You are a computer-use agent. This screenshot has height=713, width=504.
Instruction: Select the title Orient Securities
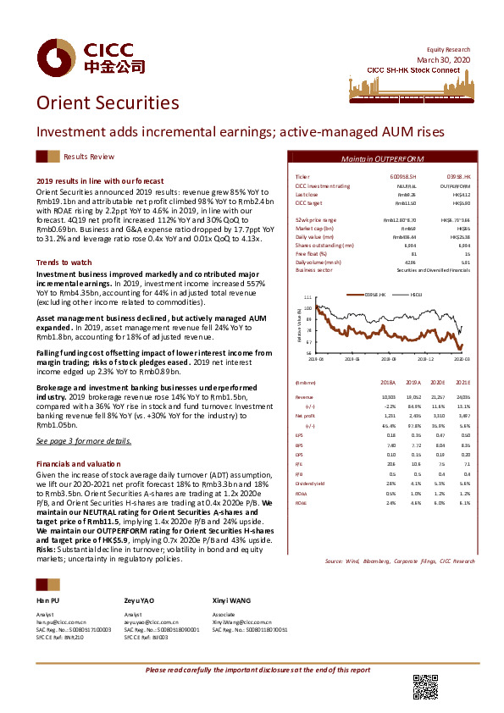[108, 103]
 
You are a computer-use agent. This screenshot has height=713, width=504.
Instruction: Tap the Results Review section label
[89, 158]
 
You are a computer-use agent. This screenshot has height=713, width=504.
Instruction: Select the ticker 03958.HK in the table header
[459, 177]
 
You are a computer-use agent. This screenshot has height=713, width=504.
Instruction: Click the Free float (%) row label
[311, 253]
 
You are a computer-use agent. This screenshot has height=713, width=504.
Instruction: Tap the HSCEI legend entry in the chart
[416, 294]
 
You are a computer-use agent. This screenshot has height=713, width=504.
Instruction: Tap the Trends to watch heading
[64, 263]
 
